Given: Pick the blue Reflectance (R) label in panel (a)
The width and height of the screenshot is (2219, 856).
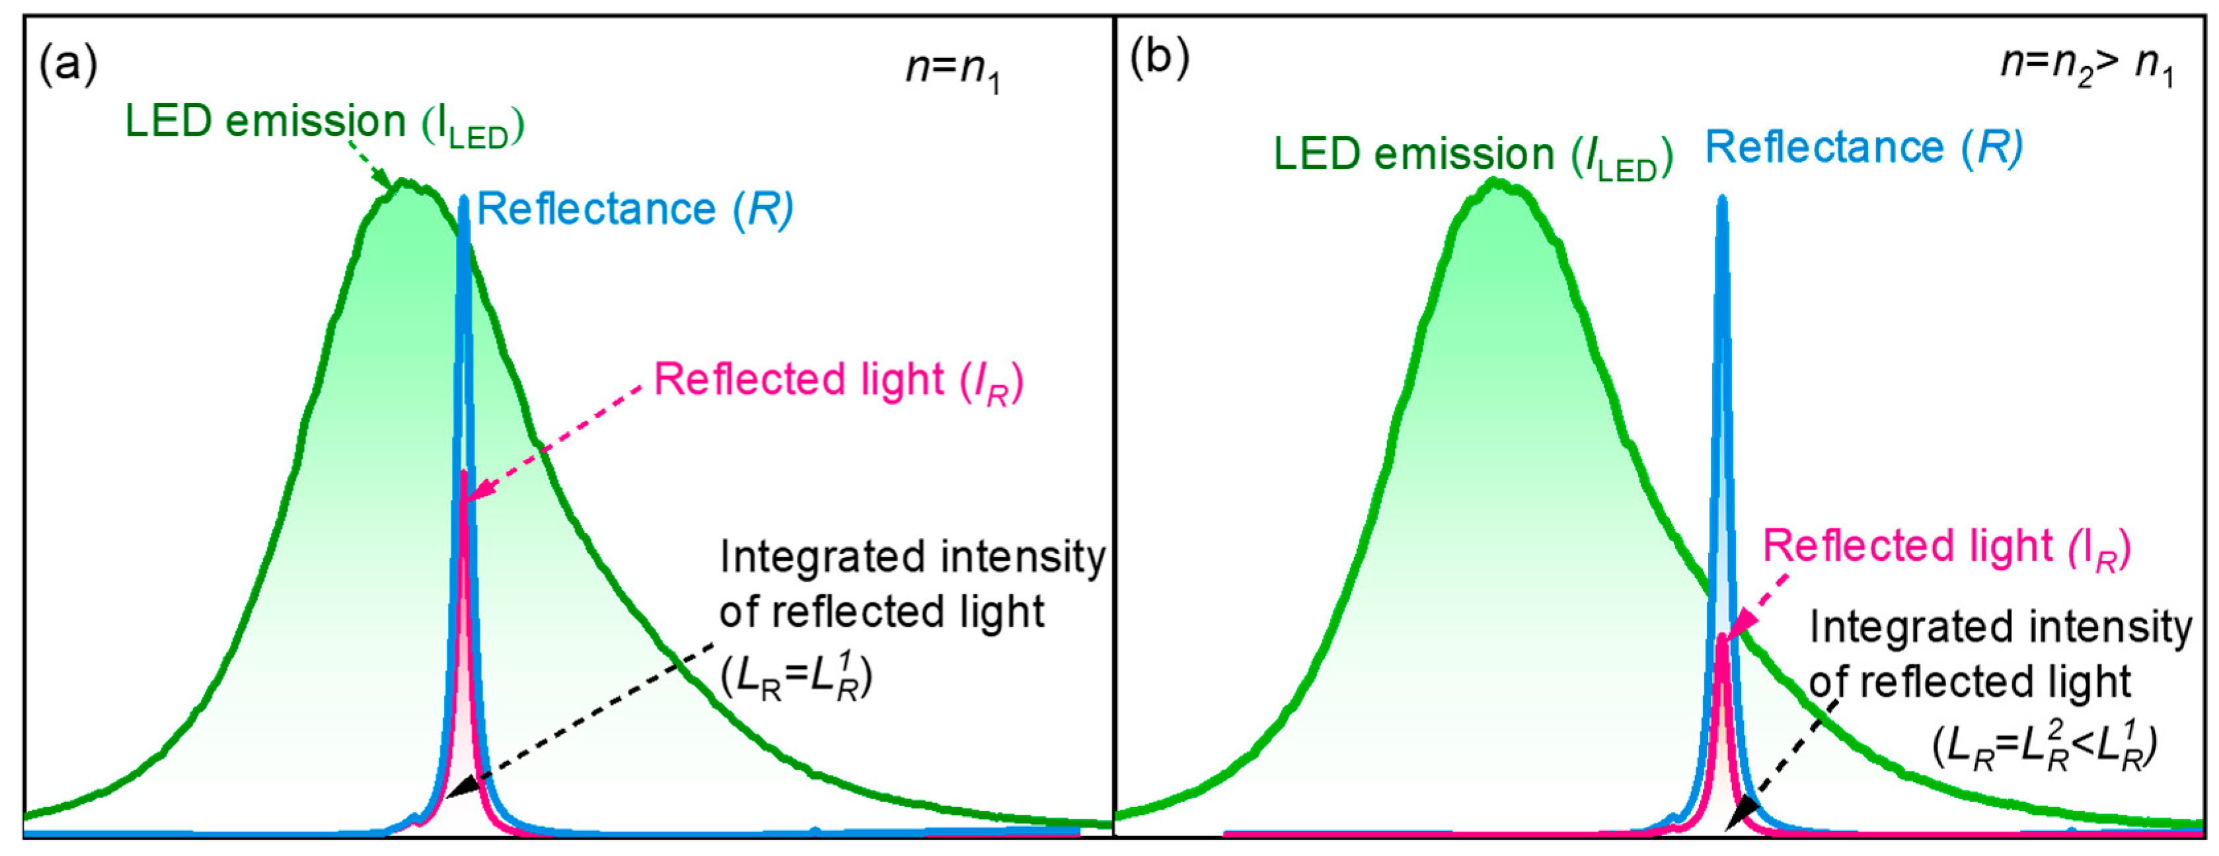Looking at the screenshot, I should pos(635,210).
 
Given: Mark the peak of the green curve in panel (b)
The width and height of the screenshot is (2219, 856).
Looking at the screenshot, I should pos(1496,182).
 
